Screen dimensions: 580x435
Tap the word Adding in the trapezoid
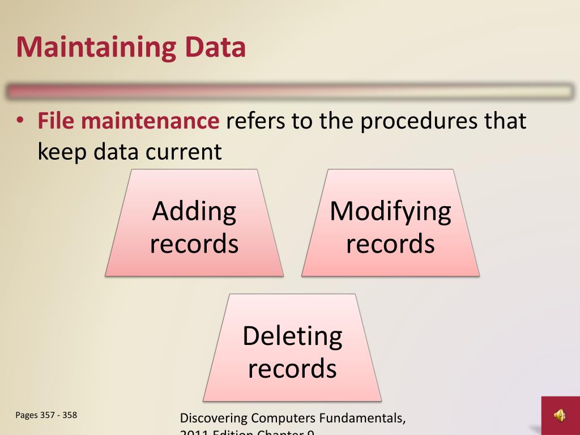pyautogui.click(x=194, y=211)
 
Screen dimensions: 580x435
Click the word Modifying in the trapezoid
pyautogui.click(x=390, y=211)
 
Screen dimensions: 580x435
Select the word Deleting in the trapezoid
pyautogui.click(x=292, y=336)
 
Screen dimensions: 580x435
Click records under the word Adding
pyautogui.click(x=194, y=244)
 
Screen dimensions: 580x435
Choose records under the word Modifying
pyautogui.click(x=390, y=244)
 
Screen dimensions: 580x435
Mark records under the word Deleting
pyautogui.click(x=292, y=368)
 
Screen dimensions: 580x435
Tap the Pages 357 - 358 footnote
pyautogui.click(x=46, y=415)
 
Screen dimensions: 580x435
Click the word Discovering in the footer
pyautogui.click(x=214, y=420)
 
